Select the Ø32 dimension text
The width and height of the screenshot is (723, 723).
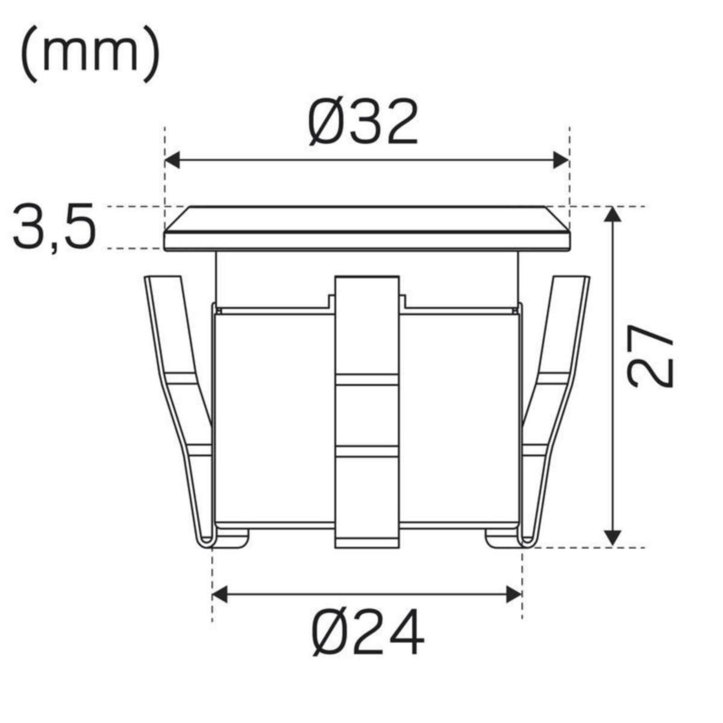coord(363,122)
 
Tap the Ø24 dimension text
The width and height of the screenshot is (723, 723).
coord(368,632)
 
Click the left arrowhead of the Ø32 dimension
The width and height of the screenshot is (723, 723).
coord(172,160)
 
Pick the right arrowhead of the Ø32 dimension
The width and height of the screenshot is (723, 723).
coord(560,160)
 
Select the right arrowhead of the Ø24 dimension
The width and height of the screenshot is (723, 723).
coord(513,594)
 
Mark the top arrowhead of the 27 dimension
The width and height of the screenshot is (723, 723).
coord(613,214)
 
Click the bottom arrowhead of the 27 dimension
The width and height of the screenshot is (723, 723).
coord(613,538)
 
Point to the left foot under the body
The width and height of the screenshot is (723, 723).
coord(232,538)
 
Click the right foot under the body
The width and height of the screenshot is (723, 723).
coord(501,538)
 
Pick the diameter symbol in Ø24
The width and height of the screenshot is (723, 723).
coord(330,632)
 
